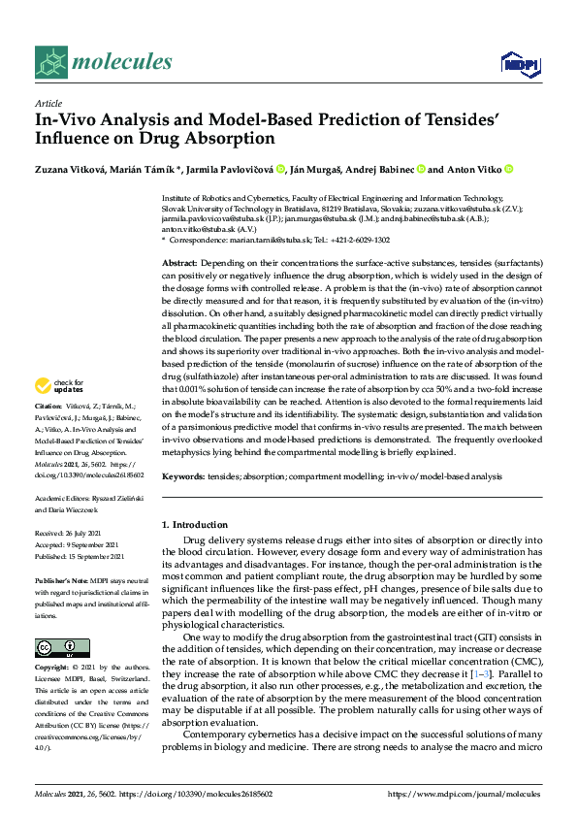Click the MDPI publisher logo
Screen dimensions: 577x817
(x=520, y=64)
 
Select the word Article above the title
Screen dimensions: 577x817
(x=48, y=103)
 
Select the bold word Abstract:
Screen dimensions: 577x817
(x=179, y=264)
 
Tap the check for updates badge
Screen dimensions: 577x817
(x=61, y=388)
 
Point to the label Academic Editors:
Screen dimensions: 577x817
(x=62, y=493)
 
